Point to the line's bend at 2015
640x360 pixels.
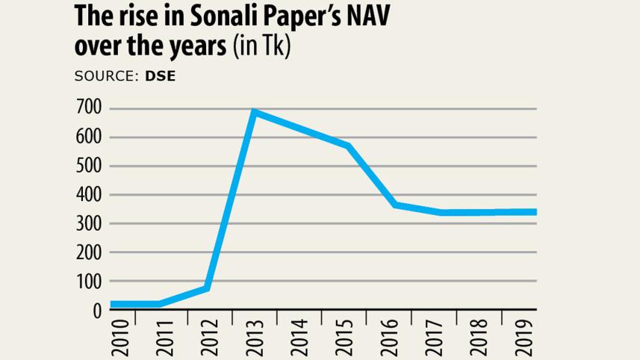pos(349,146)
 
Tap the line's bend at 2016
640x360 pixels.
pos(395,204)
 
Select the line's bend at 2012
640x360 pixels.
pos(207,288)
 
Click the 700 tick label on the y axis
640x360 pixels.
pos(87,109)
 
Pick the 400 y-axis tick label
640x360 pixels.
pos(87,195)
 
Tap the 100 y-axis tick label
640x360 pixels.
pos(87,282)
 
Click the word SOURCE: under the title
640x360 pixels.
pos(106,76)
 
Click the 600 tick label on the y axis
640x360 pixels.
pos(87,137)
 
